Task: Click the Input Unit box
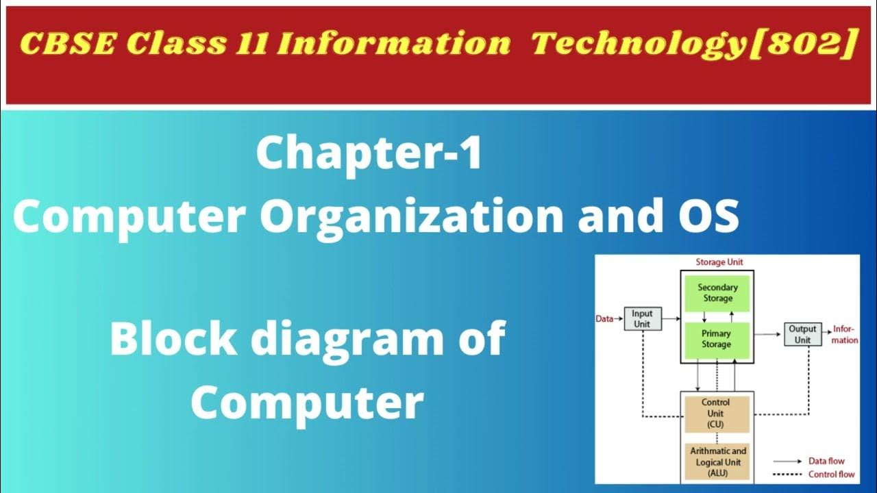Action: [x=643, y=319]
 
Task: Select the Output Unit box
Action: [x=802, y=334]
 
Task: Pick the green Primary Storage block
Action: [x=716, y=340]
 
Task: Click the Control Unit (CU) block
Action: [x=716, y=414]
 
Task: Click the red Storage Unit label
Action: [x=719, y=262]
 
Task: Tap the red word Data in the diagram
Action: [x=604, y=318]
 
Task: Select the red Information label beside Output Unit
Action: [x=845, y=335]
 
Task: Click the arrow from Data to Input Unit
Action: [x=619, y=318]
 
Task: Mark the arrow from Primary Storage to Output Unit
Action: [x=768, y=334]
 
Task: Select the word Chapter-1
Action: [x=369, y=155]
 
